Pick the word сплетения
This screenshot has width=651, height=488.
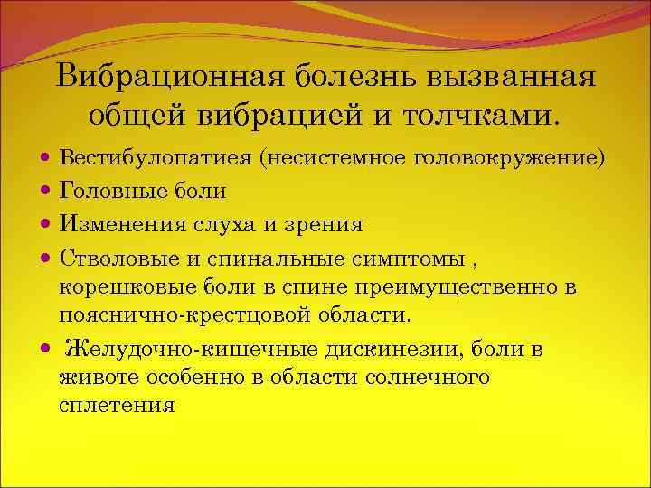(116, 406)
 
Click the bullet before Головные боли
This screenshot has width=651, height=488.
(45, 191)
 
